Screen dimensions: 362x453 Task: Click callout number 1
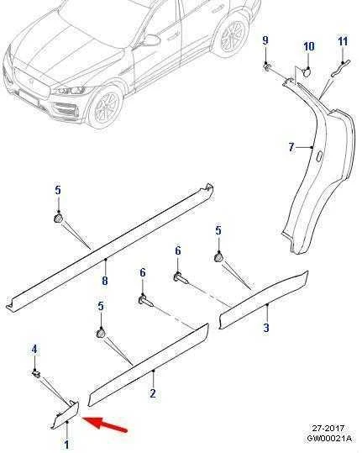coord(66,445)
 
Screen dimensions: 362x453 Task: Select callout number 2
coord(153,393)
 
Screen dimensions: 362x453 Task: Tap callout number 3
coord(266,327)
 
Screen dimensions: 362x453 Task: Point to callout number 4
coord(34,349)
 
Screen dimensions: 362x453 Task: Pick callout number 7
coord(291,147)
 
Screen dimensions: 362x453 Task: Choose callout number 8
coord(105,280)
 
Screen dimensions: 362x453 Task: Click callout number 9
coord(265,40)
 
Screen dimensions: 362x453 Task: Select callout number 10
coord(308,46)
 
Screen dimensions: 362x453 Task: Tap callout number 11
coord(343,41)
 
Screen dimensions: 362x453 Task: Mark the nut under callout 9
coord(267,67)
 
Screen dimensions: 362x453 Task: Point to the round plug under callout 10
coord(307,71)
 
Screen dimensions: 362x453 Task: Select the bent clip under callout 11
coord(340,69)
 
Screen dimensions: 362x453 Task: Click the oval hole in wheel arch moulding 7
coord(319,156)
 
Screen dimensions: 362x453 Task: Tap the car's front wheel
coord(106,107)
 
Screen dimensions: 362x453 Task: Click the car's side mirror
coord(150,40)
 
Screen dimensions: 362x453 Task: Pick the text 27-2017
coord(328,428)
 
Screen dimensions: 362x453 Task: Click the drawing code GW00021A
coord(329,438)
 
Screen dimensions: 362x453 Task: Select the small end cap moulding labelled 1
coord(66,414)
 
